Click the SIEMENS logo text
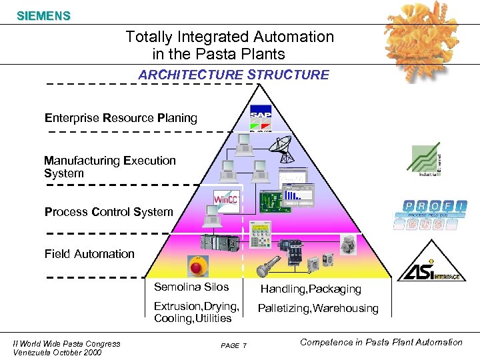(43, 15)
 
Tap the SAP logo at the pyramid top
(261, 119)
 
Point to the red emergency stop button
(199, 266)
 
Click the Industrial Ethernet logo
(425, 160)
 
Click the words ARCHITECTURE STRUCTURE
(233, 75)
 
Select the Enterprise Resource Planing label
(121, 118)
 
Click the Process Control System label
(109, 212)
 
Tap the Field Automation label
(89, 253)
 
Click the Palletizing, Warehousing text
(318, 308)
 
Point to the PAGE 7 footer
(233, 345)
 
